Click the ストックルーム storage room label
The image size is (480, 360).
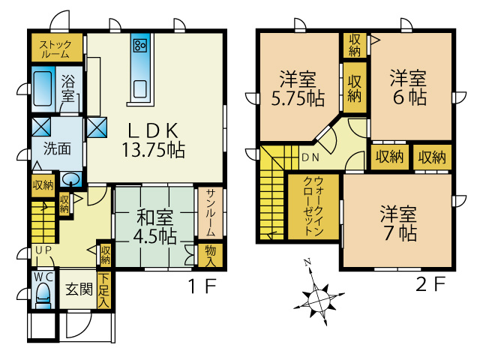[55, 49]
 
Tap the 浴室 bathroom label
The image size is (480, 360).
[68, 88]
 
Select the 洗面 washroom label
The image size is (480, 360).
[57, 147]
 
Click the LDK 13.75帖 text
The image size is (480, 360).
[154, 138]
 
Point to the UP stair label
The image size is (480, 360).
[41, 250]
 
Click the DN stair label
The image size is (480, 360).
[310, 158]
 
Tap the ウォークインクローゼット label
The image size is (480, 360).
[313, 206]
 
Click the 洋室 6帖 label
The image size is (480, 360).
[408, 87]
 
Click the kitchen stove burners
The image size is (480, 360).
[140, 44]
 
